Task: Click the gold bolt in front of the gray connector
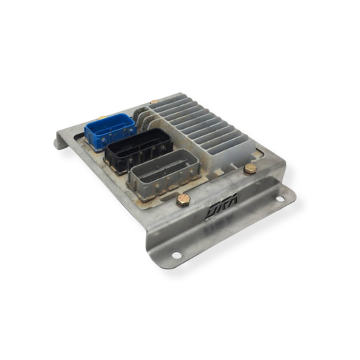click(183, 200)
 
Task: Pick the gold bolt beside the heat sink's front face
click(250, 168)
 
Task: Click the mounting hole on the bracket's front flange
click(176, 254)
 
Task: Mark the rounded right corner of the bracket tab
click(292, 192)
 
